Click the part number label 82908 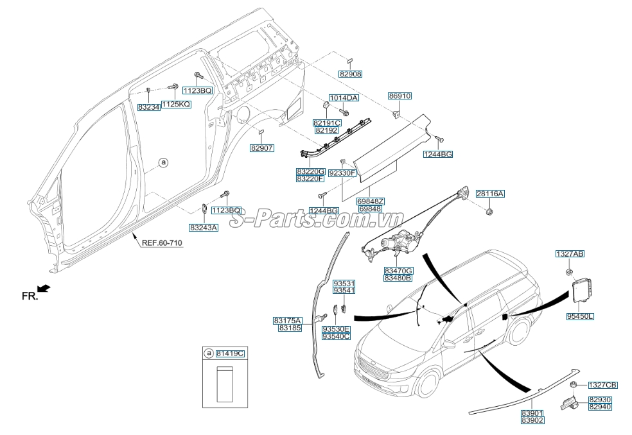click(351, 74)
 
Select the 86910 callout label click(399, 96)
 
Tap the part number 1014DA click(344, 98)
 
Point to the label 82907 click(262, 148)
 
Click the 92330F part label click(342, 173)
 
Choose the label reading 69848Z click(371, 201)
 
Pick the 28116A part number click(490, 194)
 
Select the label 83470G click(399, 271)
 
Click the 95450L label click(580, 316)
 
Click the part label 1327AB click(570, 255)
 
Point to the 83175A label click(287, 320)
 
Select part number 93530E click(336, 328)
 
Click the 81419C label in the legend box click(230, 354)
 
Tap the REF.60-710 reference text click(162, 243)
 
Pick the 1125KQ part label click(175, 104)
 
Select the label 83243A click(203, 227)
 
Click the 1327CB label click(602, 385)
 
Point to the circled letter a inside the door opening click(163, 163)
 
